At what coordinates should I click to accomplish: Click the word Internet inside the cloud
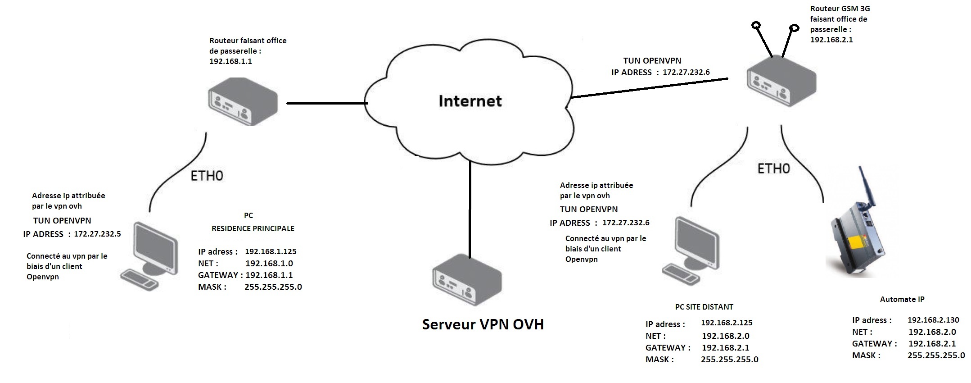470,100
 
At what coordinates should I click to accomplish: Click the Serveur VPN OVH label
483,324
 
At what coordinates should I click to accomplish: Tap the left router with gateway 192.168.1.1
243,101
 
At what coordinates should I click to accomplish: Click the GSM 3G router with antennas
781,81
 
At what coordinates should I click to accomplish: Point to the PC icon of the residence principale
149,255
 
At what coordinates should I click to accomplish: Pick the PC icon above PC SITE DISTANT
690,251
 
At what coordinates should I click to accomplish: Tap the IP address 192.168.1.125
271,251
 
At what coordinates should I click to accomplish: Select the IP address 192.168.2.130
933,320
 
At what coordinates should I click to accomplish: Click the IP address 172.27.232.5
97,234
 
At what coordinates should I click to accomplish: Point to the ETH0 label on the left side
207,176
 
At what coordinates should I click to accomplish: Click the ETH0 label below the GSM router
773,169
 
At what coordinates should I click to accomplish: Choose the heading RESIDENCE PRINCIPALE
253,228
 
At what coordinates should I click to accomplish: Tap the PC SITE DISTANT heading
704,307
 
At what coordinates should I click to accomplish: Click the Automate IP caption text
902,299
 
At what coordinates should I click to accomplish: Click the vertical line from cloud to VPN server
470,210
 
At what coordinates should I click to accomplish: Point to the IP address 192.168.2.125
727,323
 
